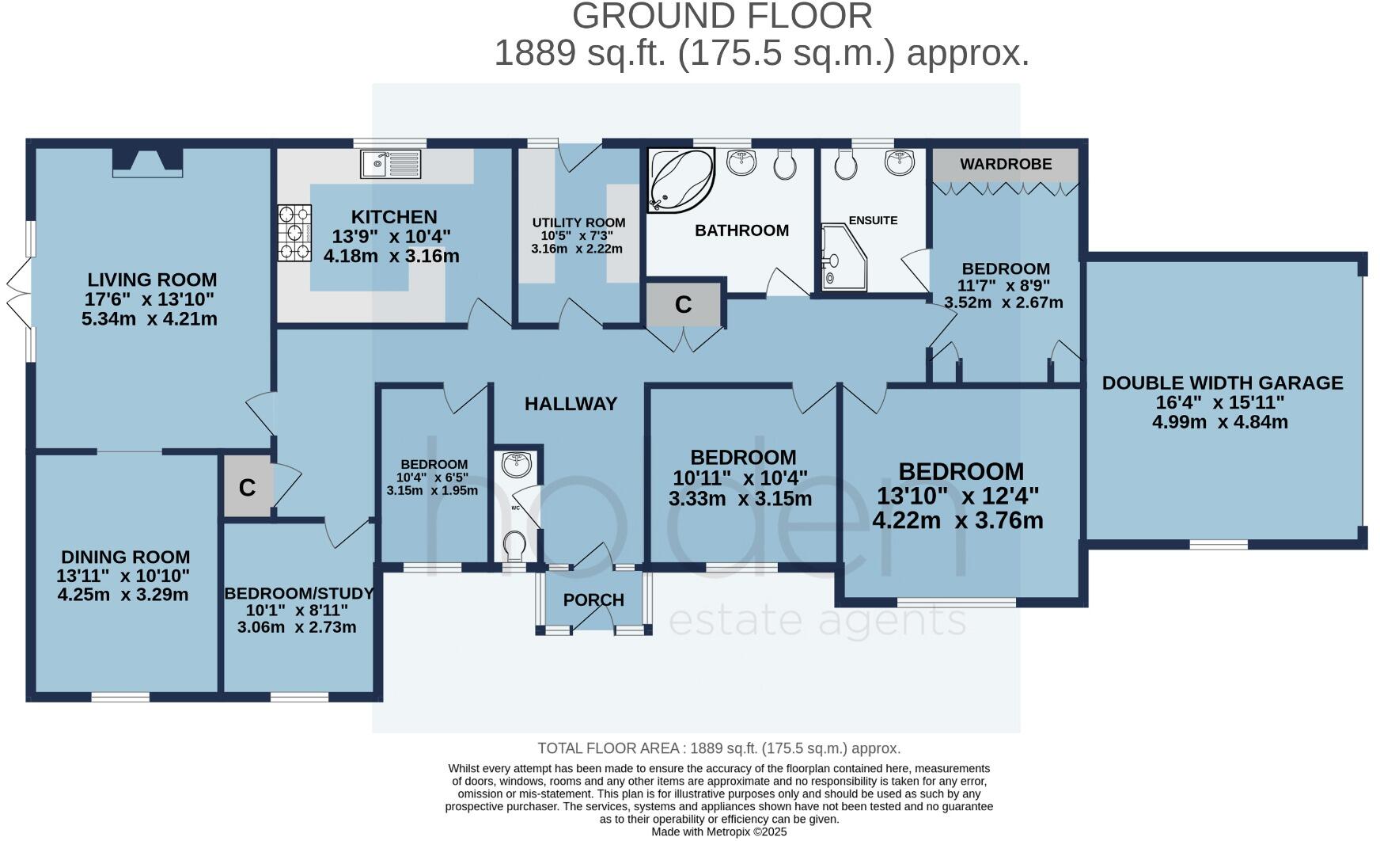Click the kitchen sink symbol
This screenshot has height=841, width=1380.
[x=391, y=165]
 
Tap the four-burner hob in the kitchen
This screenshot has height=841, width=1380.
[x=294, y=233]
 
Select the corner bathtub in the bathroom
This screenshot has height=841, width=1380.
[x=679, y=181]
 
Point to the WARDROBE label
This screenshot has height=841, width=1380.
[x=1005, y=164]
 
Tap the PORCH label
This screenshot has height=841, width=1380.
[x=593, y=600]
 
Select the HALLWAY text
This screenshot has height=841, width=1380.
[x=571, y=404]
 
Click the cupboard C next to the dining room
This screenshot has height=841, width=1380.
[x=247, y=488]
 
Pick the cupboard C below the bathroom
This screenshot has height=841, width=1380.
[x=683, y=304]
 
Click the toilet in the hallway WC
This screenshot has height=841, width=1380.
[x=515, y=545]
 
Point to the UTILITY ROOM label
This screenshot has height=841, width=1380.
[x=578, y=223]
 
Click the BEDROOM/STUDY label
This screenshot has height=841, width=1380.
[x=298, y=594]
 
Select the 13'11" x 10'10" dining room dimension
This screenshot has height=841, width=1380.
[x=123, y=576]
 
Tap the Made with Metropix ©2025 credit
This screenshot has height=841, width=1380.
[x=718, y=831]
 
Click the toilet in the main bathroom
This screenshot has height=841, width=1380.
[x=784, y=164]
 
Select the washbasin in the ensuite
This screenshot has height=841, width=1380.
[x=900, y=162]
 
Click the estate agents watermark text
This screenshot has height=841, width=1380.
[x=817, y=622]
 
